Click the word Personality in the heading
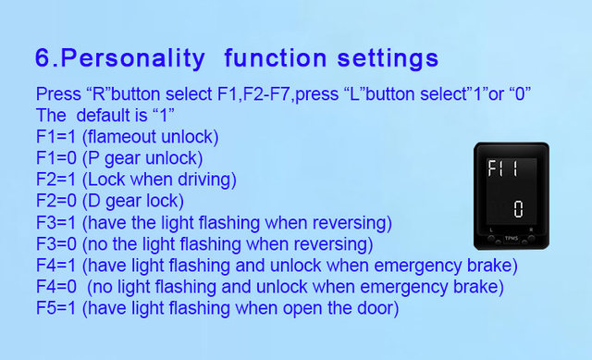click(132, 59)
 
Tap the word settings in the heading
click(388, 58)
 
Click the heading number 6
click(43, 57)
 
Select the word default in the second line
click(111, 115)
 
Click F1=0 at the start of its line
click(55, 158)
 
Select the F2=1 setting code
click(55, 180)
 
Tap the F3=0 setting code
click(55, 244)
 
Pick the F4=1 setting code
click(55, 266)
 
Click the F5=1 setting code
click(55, 308)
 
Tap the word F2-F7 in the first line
click(267, 93)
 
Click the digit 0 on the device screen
click(518, 209)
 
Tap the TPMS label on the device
click(512, 239)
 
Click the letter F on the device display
click(492, 168)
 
